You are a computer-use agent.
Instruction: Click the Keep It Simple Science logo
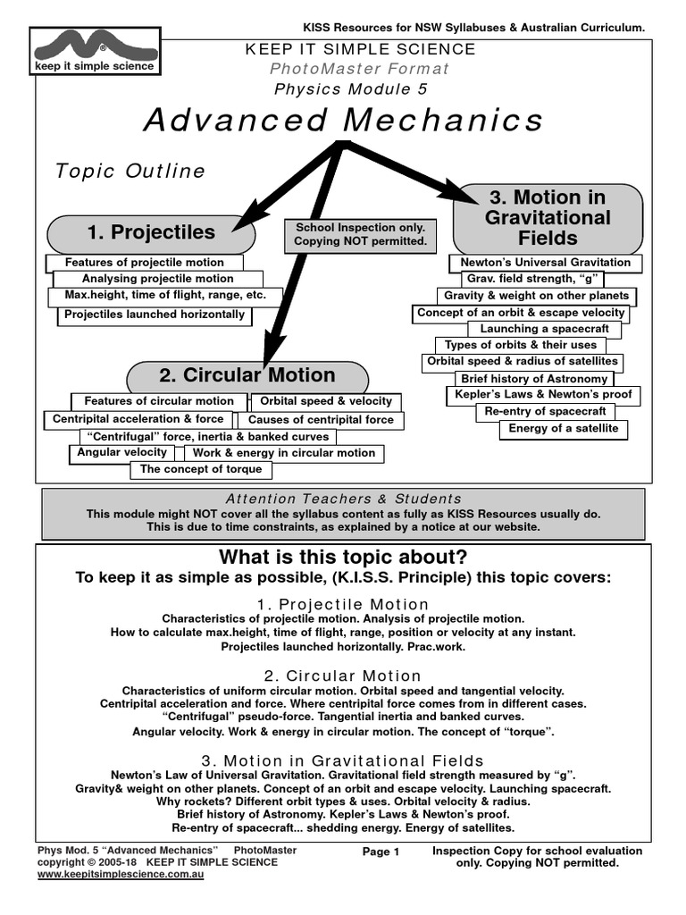[x=94, y=50]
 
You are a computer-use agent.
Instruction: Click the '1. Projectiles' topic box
[x=151, y=233]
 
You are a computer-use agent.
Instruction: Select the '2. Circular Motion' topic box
[x=247, y=375]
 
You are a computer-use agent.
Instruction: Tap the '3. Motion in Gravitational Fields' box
[x=548, y=218]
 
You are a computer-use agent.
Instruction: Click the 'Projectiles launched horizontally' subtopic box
[x=155, y=315]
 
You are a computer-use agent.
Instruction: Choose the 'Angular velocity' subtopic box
[x=121, y=453]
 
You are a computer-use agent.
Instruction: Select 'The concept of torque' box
[x=201, y=469]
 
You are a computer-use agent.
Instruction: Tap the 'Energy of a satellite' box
[x=564, y=429]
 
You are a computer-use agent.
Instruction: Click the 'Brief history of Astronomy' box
[x=534, y=380]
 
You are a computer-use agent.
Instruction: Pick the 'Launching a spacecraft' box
[x=556, y=329]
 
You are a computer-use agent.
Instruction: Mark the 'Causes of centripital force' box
[x=321, y=420]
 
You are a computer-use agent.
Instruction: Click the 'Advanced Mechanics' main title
[x=343, y=120]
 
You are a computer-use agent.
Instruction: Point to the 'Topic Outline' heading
[x=130, y=171]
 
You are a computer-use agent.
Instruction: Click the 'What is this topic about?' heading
[x=343, y=558]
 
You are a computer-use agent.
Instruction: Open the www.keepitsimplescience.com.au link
[x=121, y=875]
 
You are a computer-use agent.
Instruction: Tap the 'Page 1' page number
[x=381, y=852]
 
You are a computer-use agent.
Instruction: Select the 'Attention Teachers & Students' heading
[x=343, y=499]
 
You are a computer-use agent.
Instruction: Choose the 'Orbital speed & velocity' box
[x=326, y=401]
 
